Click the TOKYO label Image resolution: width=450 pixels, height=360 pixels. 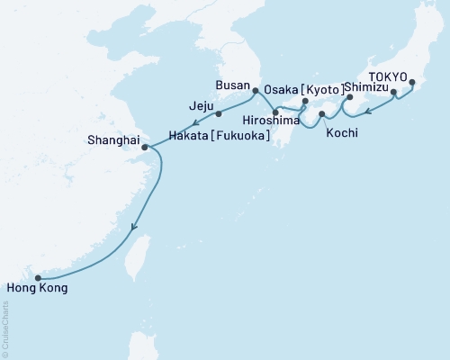tap(389, 77)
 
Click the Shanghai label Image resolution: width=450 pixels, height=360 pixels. tap(114, 139)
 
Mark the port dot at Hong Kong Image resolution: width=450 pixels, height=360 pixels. tap(38, 277)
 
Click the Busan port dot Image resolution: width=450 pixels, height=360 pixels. tap(255, 90)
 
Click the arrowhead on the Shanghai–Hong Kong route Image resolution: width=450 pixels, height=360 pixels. tap(135, 228)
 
